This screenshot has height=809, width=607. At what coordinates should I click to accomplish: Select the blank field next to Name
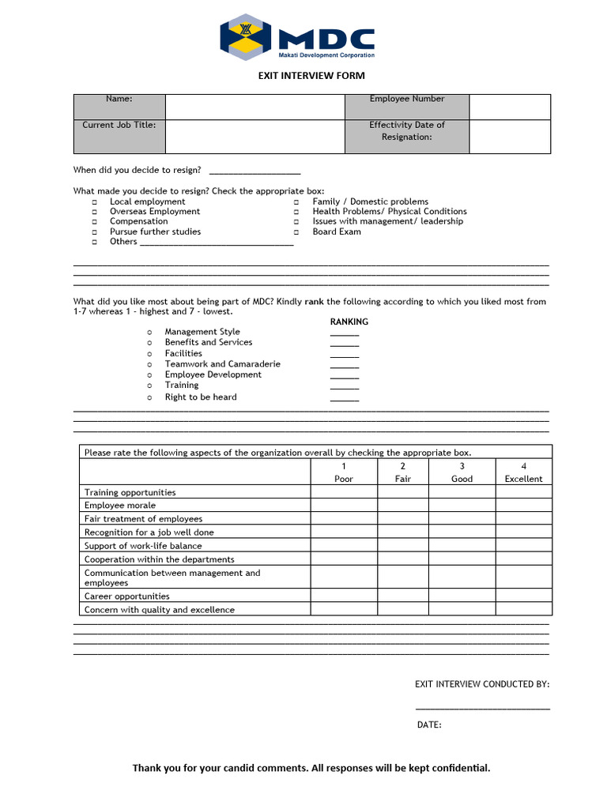point(254,107)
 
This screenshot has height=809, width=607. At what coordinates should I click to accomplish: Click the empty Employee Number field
point(510,107)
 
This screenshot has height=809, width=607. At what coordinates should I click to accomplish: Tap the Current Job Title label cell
point(119,136)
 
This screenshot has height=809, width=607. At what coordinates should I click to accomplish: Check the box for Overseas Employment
point(94,213)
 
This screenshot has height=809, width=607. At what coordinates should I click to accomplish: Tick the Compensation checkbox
point(94,223)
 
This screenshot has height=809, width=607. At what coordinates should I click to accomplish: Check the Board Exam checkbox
point(296,233)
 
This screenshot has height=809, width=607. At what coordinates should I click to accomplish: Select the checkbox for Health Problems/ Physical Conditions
point(296,213)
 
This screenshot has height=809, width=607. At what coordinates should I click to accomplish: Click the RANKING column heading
point(349,322)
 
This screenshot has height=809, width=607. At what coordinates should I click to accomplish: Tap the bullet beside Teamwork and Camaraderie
point(149,365)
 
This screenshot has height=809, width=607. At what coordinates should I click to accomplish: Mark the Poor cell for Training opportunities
point(343,492)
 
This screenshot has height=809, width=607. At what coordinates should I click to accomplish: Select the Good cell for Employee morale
point(462,506)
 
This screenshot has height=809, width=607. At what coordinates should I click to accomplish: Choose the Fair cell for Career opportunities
point(402,596)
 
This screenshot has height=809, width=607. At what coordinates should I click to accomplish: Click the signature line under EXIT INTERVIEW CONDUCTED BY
point(482,708)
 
